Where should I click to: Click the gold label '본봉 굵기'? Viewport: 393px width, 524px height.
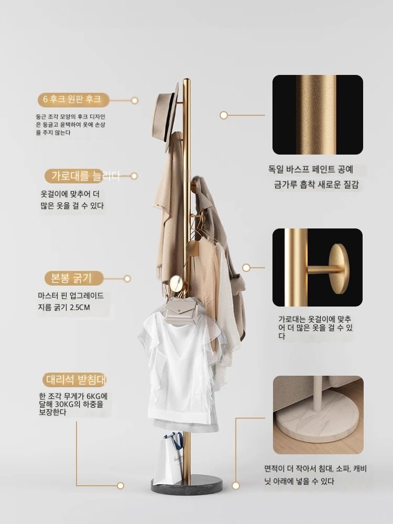point(71,278)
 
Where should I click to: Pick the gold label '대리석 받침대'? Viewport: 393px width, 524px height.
point(75,380)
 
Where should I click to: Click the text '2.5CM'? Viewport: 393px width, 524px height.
point(80,308)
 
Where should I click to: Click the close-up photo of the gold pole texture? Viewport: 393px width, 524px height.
point(318,115)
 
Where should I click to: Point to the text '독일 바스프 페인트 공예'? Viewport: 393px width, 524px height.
point(310,169)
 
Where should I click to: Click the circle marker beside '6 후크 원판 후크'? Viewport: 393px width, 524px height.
point(135,100)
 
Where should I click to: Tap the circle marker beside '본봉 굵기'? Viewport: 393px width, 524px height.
point(127,278)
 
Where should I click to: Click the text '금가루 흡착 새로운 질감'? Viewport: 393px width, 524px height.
point(316,184)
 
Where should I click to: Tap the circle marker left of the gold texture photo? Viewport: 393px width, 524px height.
point(224,115)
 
